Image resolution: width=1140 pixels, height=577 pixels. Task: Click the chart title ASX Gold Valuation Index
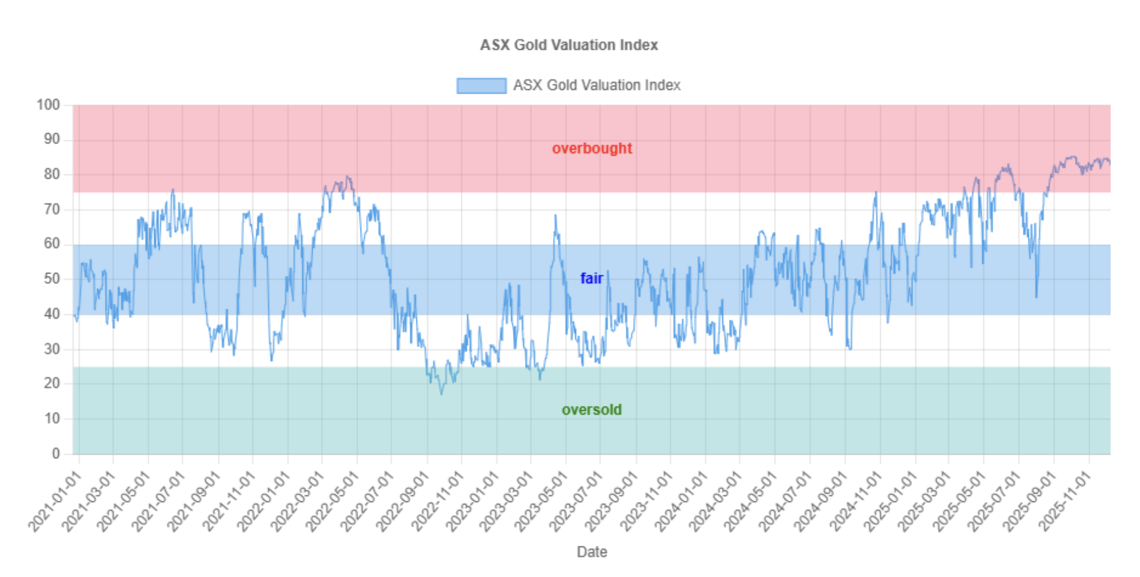pos(569,45)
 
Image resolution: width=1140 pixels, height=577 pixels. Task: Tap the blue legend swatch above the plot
pos(481,86)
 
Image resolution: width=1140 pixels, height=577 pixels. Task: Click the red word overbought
pos(592,148)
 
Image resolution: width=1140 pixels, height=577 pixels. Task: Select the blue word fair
pos(592,278)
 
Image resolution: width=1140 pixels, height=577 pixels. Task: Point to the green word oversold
pos(592,410)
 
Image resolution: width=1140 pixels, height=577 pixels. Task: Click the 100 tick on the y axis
pos(48,105)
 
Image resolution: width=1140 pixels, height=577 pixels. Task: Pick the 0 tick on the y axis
pos(56,453)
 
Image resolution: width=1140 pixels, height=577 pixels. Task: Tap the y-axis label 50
pos(52,279)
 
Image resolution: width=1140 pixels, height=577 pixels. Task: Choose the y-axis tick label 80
pos(52,175)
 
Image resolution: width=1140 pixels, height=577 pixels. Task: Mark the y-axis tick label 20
pos(52,383)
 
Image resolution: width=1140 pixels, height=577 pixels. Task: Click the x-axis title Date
pos(592,552)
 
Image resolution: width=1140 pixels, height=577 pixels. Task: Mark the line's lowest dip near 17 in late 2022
pos(442,394)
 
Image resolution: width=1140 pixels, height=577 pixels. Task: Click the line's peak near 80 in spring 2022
pos(348,176)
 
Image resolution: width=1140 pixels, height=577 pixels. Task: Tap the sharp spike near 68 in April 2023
pos(556,215)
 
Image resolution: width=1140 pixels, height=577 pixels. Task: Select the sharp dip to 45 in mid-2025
pos(1036,297)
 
